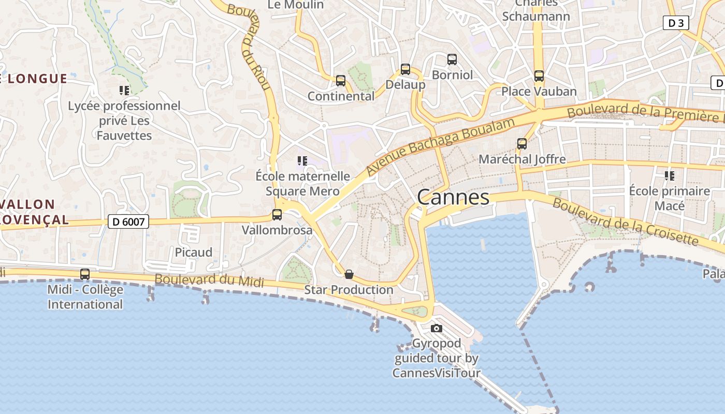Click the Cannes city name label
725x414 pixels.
453,197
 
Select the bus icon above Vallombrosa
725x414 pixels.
277,214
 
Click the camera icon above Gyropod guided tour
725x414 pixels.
437,328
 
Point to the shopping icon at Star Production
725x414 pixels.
349,274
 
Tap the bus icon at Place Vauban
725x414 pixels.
539,76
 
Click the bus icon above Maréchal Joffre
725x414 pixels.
522,144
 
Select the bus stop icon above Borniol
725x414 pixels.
452,60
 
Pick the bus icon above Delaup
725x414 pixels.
405,69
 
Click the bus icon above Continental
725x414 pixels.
341,81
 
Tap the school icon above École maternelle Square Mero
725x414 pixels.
302,161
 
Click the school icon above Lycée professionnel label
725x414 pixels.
124,91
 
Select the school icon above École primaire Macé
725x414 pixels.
670,176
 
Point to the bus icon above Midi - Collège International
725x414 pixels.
85,274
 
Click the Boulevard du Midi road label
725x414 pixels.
209,280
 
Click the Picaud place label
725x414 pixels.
194,252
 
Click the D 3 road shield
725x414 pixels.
676,23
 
